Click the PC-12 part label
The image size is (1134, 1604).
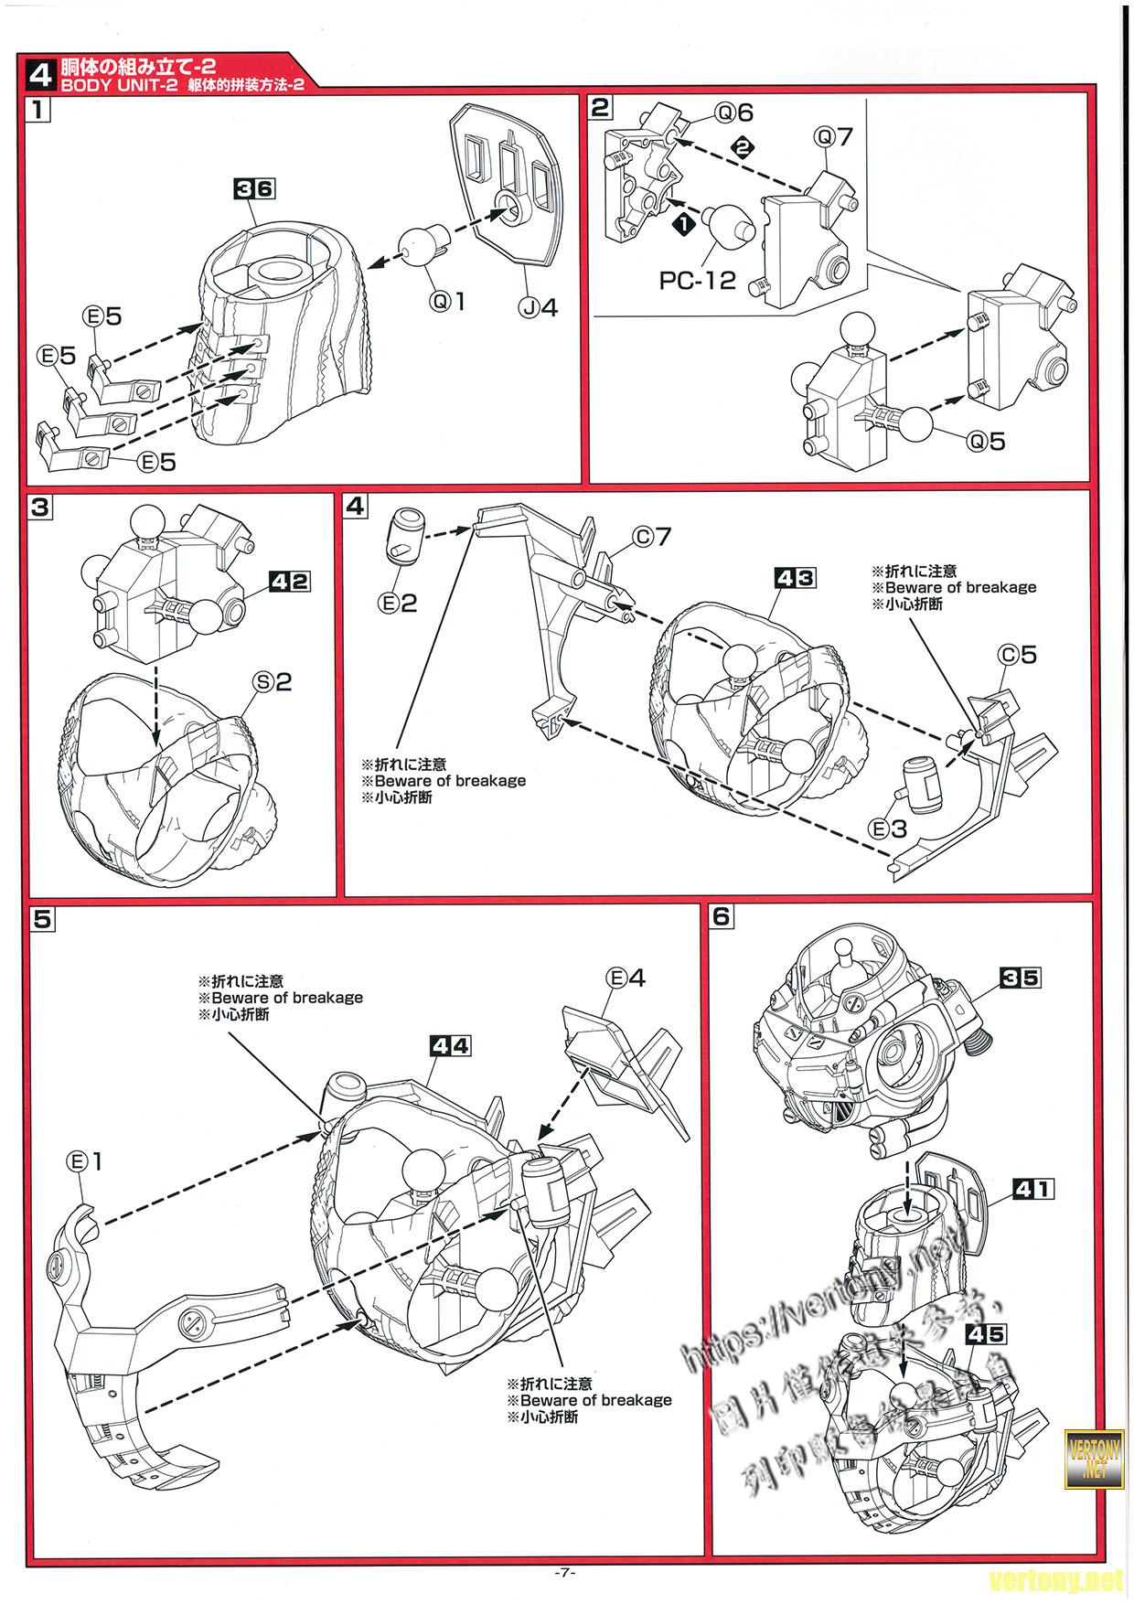(x=697, y=280)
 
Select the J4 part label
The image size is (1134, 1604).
(x=539, y=307)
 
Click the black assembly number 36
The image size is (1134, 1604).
(x=254, y=188)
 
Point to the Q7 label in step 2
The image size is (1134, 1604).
(x=833, y=137)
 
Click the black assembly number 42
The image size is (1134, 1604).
(x=289, y=581)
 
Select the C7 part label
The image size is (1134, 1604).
(x=653, y=537)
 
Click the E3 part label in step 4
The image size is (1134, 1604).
(x=887, y=829)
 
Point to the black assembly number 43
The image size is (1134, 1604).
(x=794, y=578)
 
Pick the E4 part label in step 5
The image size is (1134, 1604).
(x=626, y=978)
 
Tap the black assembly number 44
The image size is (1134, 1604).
(x=449, y=1045)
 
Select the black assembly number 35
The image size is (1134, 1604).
(x=1020, y=978)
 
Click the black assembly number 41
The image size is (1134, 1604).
(x=1033, y=1189)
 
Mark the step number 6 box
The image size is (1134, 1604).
(x=722, y=915)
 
